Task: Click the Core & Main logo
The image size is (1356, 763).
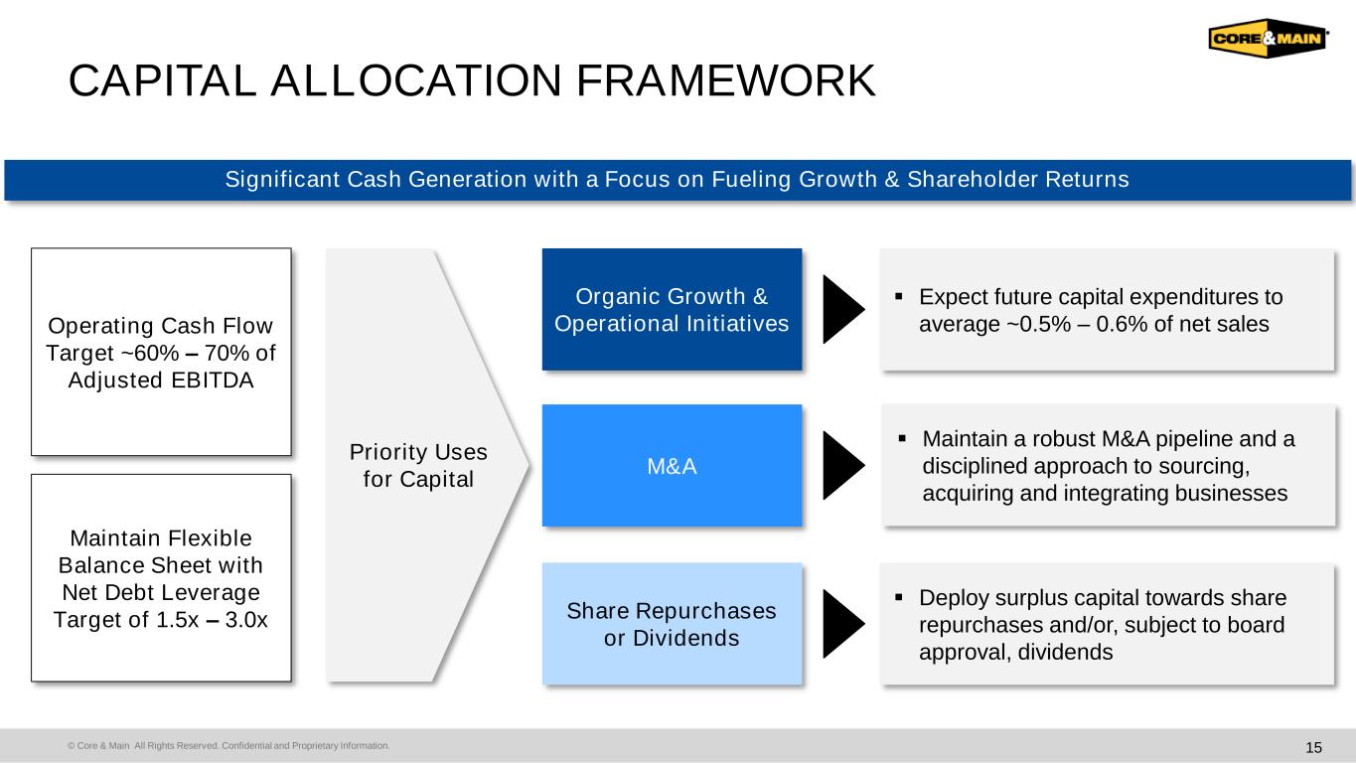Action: [x=1269, y=38]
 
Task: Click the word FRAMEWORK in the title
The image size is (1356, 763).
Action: [x=725, y=80]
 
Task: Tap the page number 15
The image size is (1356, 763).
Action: [x=1313, y=747]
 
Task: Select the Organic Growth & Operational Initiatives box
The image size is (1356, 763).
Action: [x=672, y=309]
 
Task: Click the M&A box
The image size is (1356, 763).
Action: [x=672, y=466]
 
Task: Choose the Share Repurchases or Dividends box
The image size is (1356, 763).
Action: [x=672, y=624]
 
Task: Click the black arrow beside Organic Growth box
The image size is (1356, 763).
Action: [x=843, y=309]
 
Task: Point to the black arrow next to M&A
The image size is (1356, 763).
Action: [x=843, y=466]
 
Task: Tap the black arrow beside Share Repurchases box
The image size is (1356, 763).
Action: [x=843, y=624]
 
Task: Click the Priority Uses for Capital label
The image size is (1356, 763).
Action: [x=418, y=465]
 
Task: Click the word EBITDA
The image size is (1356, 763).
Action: [x=212, y=381]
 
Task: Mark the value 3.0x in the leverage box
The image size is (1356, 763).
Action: [x=246, y=620]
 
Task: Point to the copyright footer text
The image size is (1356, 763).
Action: [x=228, y=745]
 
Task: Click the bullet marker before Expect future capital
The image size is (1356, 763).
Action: [x=899, y=297]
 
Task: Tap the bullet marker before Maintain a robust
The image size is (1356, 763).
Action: [x=902, y=438]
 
